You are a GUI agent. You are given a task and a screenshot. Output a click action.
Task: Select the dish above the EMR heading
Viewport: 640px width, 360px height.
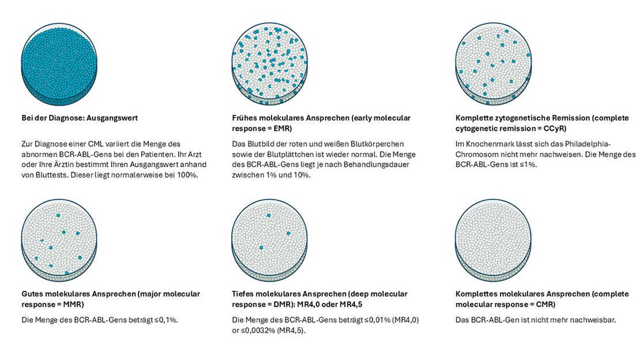click(269, 65)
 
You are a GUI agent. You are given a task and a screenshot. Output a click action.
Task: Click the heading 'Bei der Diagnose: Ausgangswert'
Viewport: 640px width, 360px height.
click(80, 118)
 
